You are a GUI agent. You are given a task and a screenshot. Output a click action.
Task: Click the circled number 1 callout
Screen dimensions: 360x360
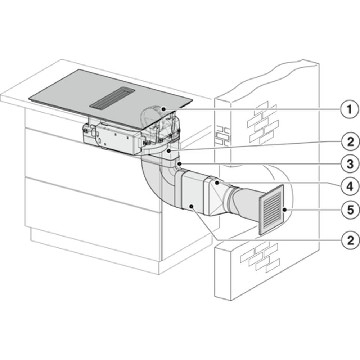[350, 109]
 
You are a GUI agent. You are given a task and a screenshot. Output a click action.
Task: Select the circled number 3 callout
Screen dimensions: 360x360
[350, 164]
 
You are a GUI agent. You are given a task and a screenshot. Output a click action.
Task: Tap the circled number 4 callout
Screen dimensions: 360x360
[350, 186]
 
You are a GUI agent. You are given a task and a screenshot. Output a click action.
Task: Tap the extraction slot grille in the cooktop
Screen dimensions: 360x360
[112, 98]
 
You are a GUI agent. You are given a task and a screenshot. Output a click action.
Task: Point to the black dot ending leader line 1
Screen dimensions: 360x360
[163, 109]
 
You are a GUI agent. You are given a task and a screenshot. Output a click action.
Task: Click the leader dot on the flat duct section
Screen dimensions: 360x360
[191, 207]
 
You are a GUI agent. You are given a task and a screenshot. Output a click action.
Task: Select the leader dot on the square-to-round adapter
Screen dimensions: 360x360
[217, 183]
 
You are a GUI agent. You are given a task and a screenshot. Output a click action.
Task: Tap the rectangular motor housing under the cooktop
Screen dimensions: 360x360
[114, 136]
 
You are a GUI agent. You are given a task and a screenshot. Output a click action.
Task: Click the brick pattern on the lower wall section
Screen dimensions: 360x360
[260, 257]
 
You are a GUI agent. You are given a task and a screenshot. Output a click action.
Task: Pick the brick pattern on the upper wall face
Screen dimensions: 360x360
[263, 123]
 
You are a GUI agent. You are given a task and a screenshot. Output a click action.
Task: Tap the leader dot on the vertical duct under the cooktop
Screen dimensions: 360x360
[169, 151]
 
